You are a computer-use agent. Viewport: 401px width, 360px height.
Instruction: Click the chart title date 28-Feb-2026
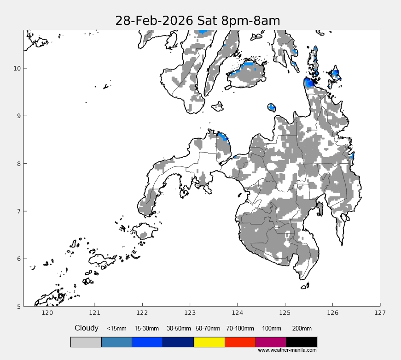pyautogui.click(x=155, y=21)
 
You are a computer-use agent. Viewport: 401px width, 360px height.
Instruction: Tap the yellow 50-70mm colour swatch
pyautogui.click(x=209, y=342)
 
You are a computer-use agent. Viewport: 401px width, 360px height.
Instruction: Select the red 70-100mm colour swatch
pyautogui.click(x=240, y=342)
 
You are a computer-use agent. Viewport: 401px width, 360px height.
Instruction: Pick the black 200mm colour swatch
pyautogui.click(x=302, y=342)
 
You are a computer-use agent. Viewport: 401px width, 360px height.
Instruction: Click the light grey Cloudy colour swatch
pyautogui.click(x=86, y=342)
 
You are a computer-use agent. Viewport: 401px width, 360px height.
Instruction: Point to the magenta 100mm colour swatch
pyautogui.click(x=271, y=342)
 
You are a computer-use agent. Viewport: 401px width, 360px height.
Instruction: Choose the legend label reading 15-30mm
pyautogui.click(x=146, y=329)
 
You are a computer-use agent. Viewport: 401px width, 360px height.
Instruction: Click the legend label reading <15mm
pyautogui.click(x=116, y=329)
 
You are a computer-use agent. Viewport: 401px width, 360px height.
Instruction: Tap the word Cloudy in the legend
pyautogui.click(x=87, y=328)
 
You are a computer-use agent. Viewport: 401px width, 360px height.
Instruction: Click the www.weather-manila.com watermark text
pyautogui.click(x=287, y=350)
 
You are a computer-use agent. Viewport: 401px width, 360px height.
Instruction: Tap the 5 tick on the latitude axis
pyautogui.click(x=18, y=306)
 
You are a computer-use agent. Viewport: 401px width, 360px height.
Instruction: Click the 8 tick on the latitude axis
pyautogui.click(x=18, y=164)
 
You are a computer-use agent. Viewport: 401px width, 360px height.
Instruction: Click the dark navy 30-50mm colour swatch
pyautogui.click(x=178, y=342)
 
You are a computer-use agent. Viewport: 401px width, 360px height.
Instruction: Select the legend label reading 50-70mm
pyautogui.click(x=209, y=329)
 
